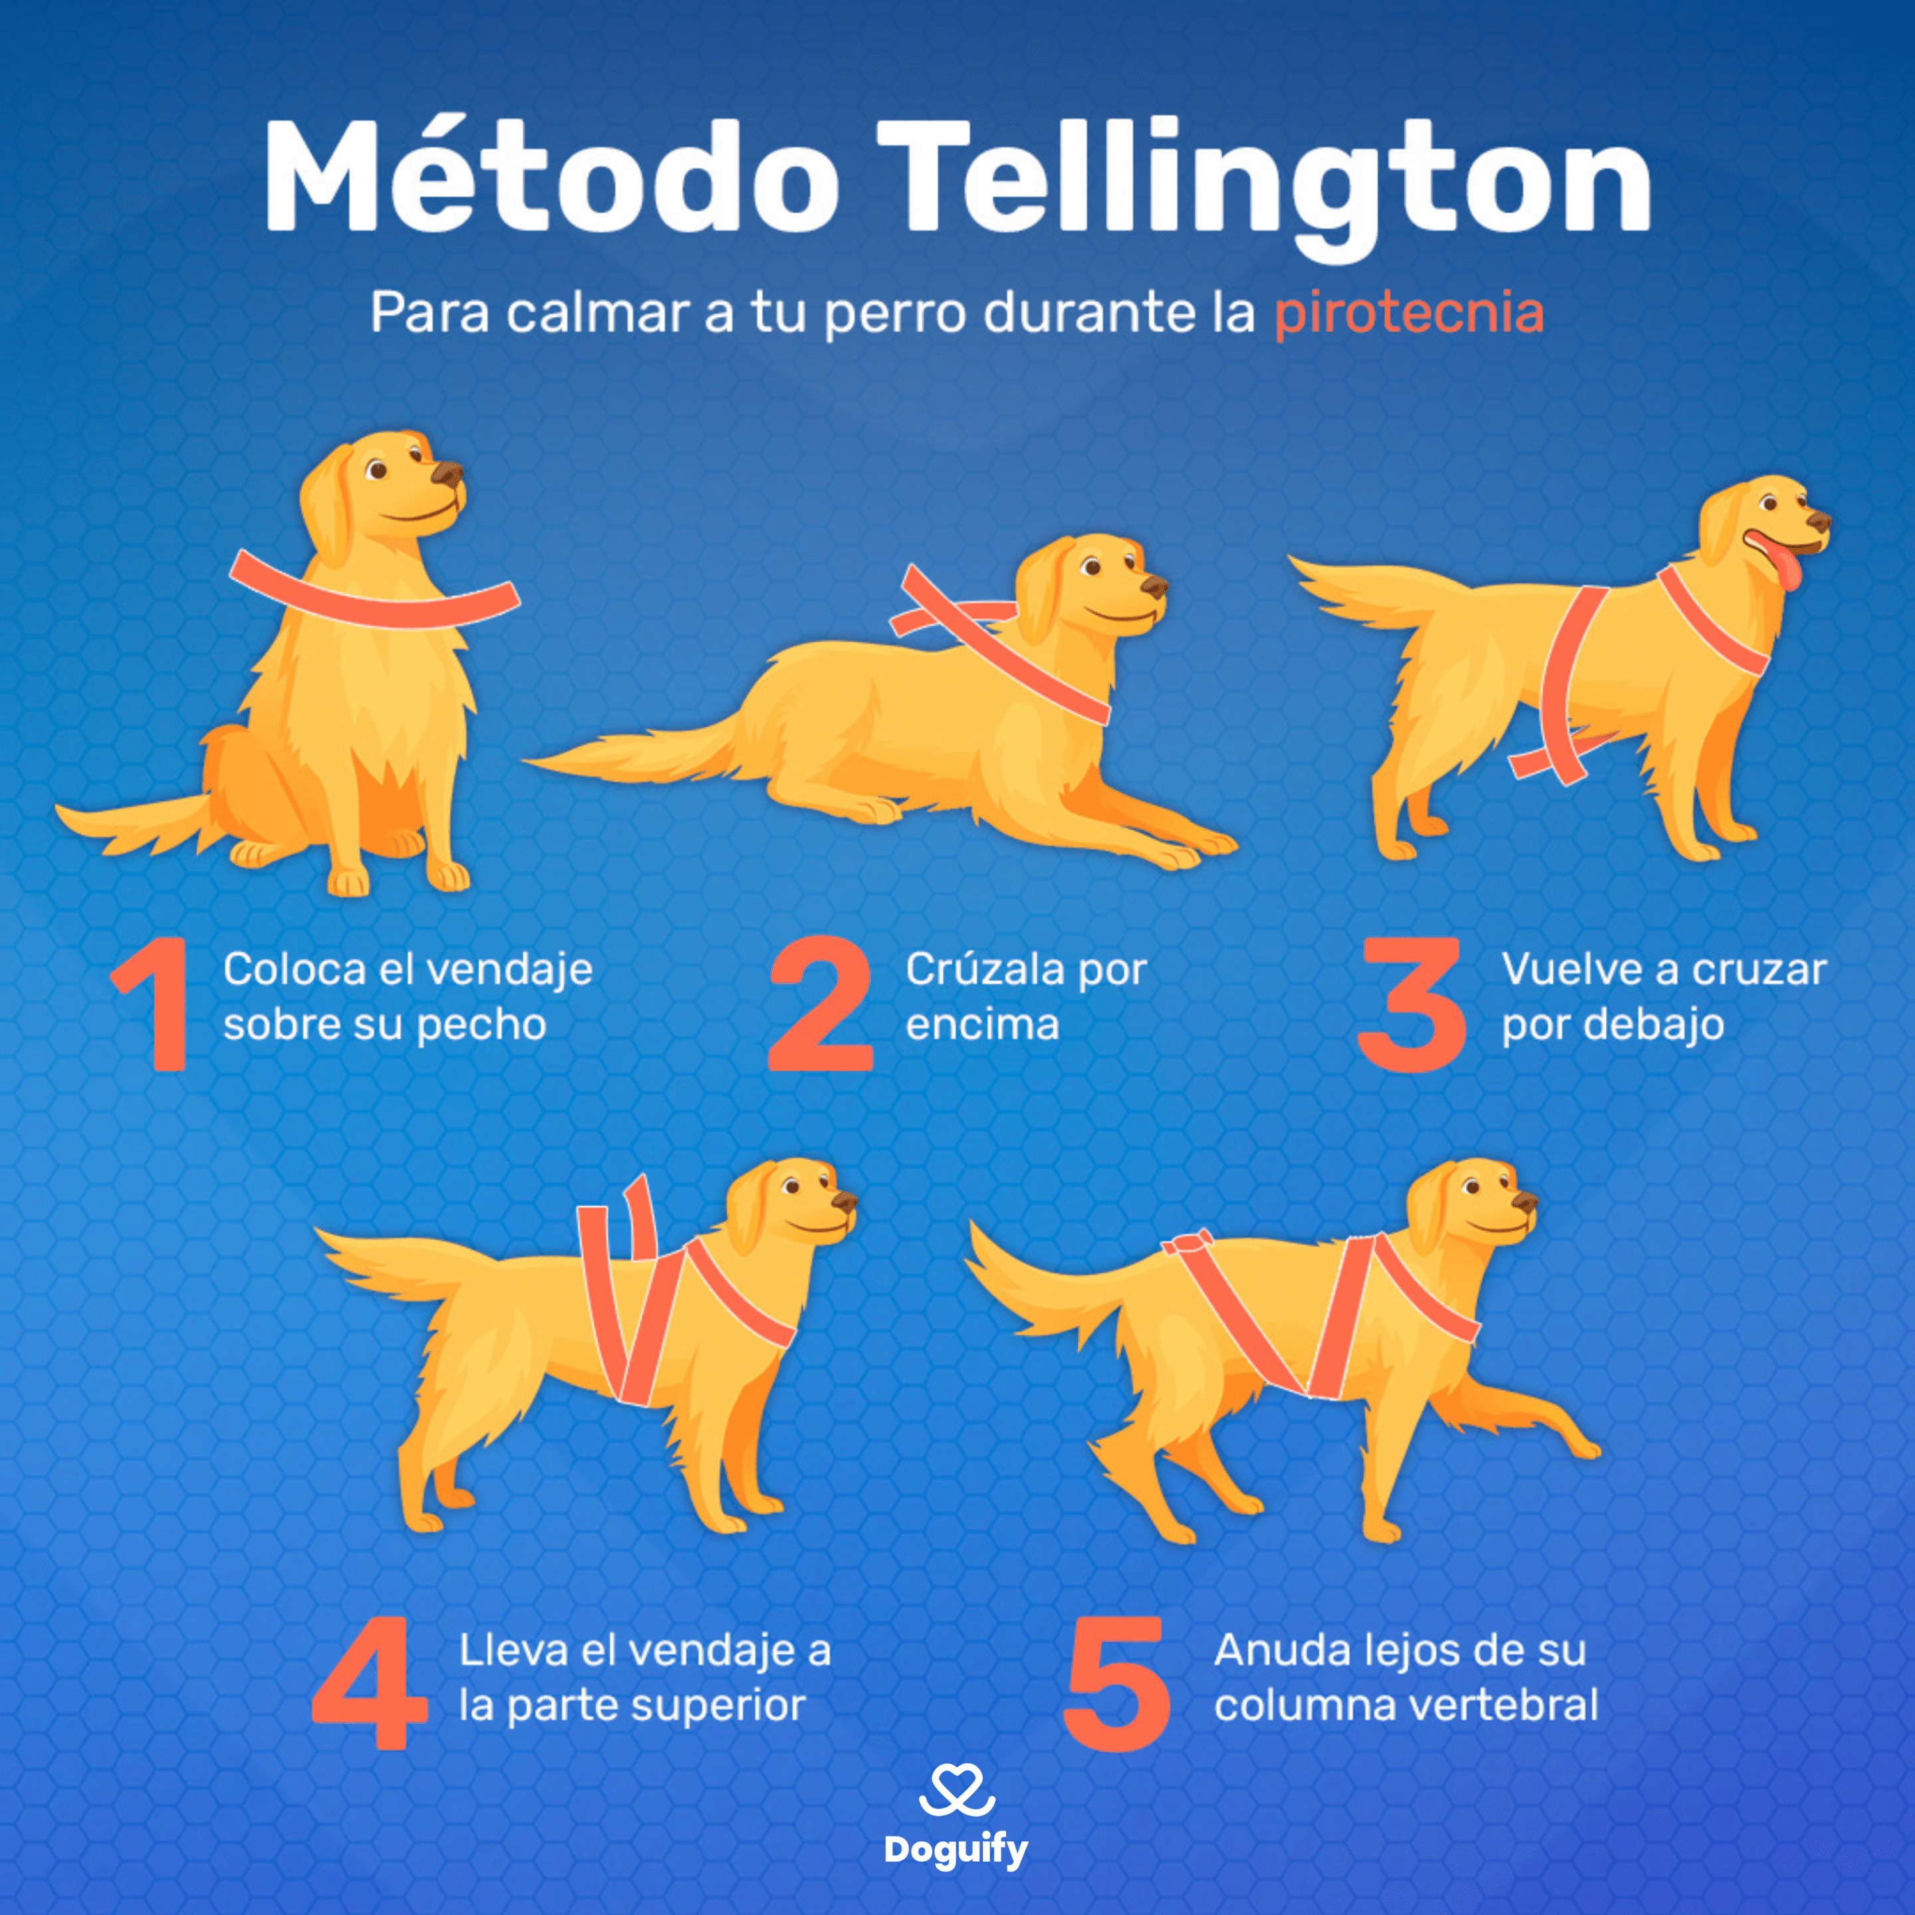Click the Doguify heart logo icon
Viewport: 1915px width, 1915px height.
(957, 1791)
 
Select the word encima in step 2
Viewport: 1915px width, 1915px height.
(982, 1024)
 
